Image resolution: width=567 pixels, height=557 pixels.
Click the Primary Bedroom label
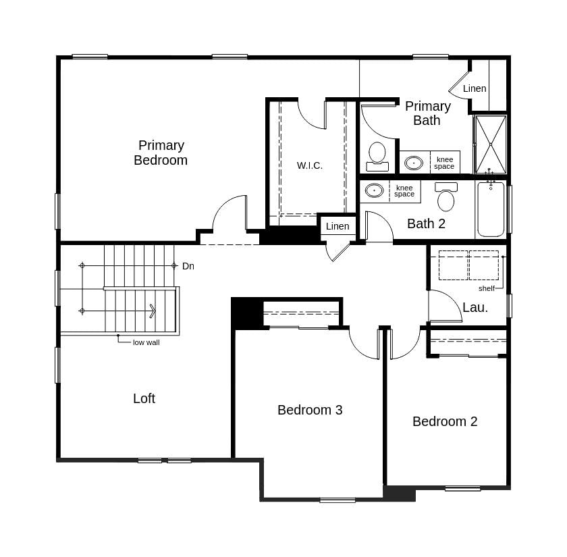161,153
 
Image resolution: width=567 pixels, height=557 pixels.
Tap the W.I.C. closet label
310,165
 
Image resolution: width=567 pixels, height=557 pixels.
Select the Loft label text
144,398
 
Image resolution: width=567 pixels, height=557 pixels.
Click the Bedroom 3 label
310,410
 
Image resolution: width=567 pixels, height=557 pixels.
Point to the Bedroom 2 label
445,421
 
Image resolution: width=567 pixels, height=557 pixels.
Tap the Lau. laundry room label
475,307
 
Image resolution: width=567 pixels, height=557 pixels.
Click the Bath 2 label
426,223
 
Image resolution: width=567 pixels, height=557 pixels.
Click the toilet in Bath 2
446,197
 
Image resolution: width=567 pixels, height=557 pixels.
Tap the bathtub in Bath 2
491,209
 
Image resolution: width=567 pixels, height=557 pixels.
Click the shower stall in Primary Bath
490,144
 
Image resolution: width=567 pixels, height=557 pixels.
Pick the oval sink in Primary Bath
414,163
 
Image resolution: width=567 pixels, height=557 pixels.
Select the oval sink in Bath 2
374,191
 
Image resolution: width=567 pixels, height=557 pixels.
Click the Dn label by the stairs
188,266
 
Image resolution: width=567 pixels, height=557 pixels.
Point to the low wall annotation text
146,342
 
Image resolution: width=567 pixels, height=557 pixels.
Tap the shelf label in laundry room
487,288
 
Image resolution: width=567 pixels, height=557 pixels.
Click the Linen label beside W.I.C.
337,226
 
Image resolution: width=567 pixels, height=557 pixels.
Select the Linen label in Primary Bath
475,88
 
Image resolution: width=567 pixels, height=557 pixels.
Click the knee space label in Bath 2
404,191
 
